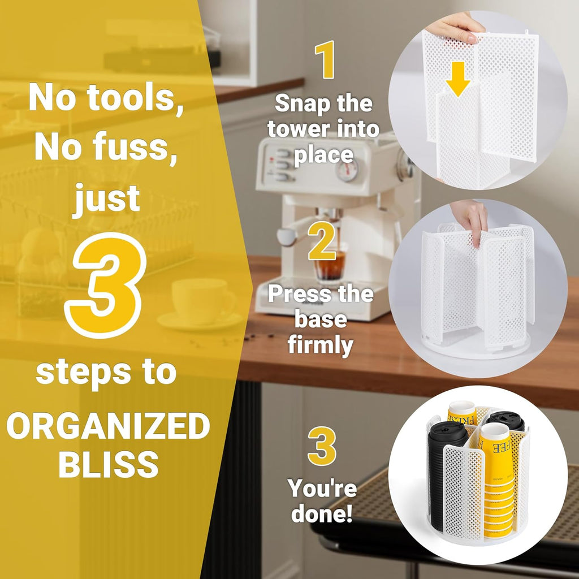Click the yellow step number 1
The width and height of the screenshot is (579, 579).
(x=325, y=60)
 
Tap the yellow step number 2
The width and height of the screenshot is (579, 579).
(x=322, y=241)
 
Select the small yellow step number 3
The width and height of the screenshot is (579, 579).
(x=322, y=446)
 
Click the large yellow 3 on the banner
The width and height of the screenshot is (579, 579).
(x=106, y=286)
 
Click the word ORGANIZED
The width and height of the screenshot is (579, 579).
(x=108, y=426)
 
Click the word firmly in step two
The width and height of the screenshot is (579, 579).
(x=321, y=345)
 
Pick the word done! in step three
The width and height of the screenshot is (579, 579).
(x=322, y=513)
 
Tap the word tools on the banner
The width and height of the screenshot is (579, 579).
(x=135, y=97)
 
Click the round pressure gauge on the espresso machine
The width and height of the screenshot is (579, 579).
(x=347, y=170)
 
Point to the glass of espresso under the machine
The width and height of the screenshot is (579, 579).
(x=330, y=267)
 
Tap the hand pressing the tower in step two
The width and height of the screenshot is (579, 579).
(x=470, y=221)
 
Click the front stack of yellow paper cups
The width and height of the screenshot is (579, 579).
(x=499, y=481)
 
